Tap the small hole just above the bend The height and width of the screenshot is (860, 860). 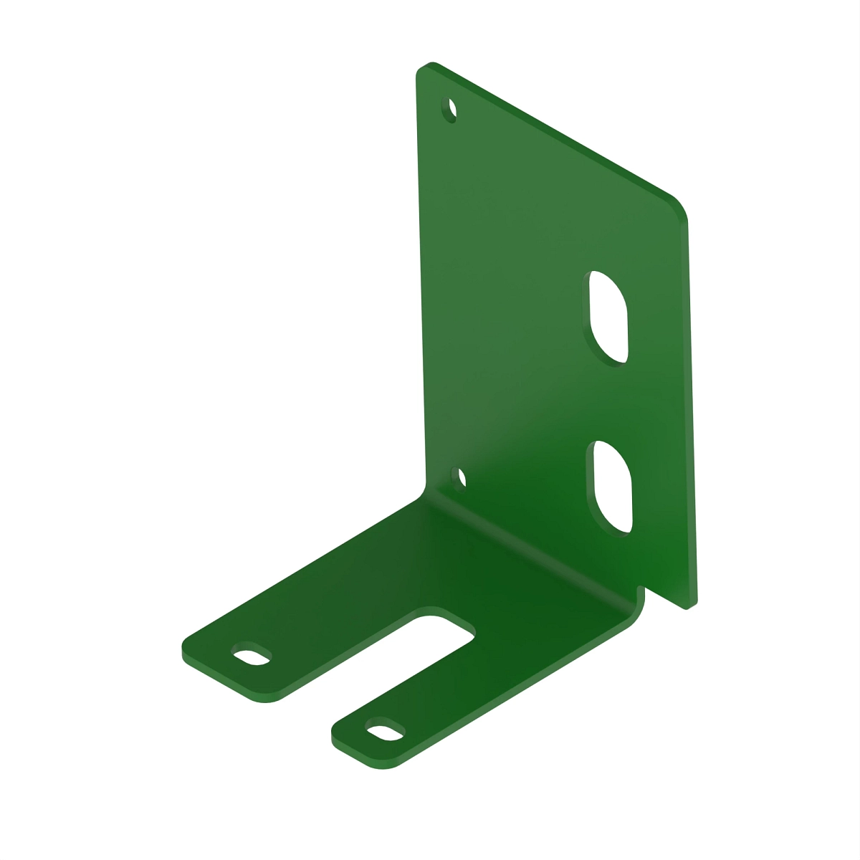point(462,478)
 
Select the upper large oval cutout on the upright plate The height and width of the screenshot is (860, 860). point(608,316)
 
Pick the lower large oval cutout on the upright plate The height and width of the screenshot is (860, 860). point(613,487)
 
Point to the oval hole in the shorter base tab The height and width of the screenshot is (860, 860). point(384,732)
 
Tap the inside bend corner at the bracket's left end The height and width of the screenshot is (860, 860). point(424,494)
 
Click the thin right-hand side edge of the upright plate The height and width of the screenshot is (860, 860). point(692,408)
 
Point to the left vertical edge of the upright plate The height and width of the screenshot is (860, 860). point(421,287)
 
